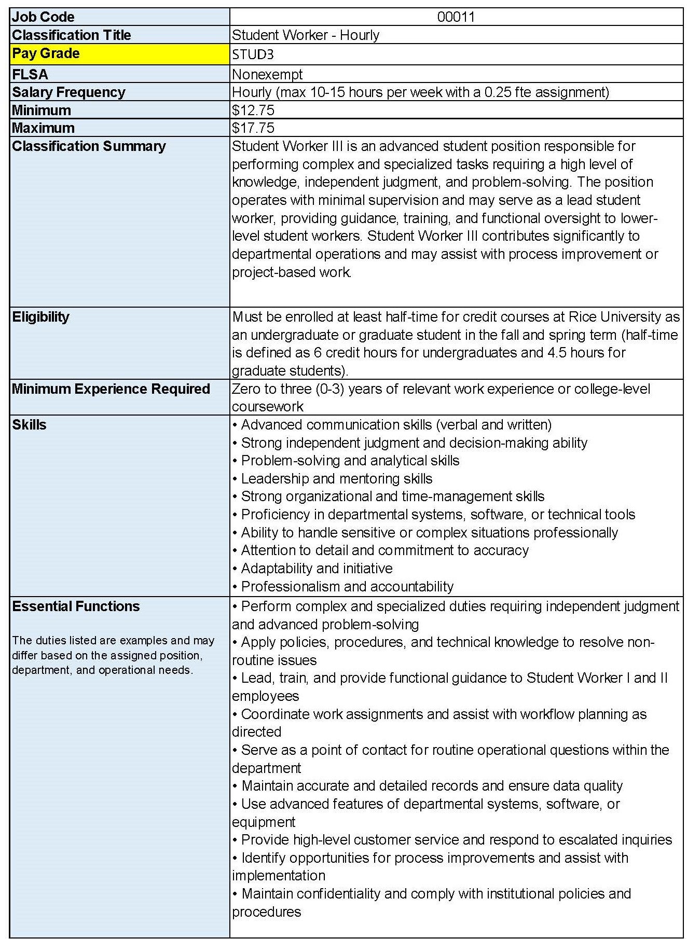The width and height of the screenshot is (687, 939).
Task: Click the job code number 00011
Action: [x=456, y=17]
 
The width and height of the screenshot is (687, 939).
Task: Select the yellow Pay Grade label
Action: [x=46, y=53]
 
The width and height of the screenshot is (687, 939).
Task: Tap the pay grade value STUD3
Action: [x=253, y=54]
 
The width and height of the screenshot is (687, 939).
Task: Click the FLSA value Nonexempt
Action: [x=267, y=74]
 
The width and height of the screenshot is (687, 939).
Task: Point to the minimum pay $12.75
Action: [x=253, y=110]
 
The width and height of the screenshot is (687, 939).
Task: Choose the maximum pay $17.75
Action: [x=253, y=128]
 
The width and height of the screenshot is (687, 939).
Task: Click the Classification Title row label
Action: [x=72, y=35]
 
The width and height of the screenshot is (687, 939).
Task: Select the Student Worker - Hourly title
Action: [x=306, y=35]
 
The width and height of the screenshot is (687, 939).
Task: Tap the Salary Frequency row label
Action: [x=68, y=92]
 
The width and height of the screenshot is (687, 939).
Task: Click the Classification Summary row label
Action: [x=89, y=146]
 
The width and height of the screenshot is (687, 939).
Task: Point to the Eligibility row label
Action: [x=40, y=316]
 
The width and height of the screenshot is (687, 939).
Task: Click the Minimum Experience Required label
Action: [x=111, y=389]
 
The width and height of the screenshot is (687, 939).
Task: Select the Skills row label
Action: [x=29, y=424]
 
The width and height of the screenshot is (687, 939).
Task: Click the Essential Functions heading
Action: [x=76, y=606]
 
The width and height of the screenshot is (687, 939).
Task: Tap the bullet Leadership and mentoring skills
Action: [x=336, y=478]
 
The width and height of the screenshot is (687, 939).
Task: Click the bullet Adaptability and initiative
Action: [x=317, y=568]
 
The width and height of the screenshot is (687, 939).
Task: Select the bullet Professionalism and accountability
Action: [x=347, y=586]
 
